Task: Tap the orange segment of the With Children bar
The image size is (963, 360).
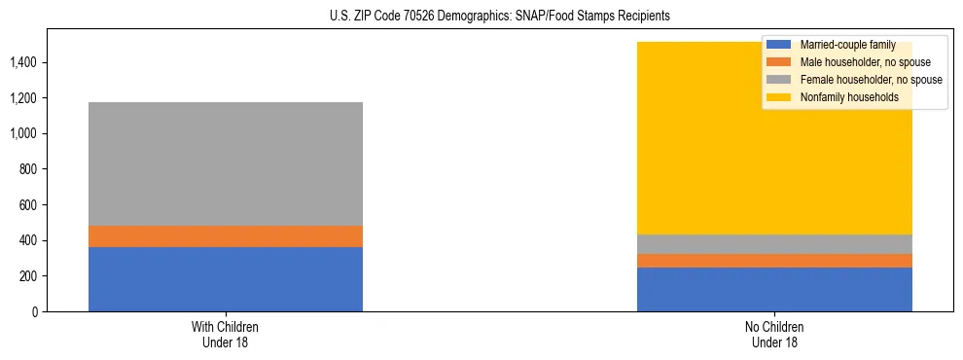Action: (x=226, y=236)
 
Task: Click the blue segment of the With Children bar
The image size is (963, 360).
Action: (x=226, y=279)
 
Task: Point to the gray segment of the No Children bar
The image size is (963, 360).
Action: (x=774, y=244)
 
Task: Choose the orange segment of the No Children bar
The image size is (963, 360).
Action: (x=774, y=261)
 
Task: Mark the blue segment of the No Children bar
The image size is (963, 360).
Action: (x=774, y=289)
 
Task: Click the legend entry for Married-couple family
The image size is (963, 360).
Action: (x=847, y=45)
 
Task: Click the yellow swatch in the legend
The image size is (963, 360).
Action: (x=779, y=97)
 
